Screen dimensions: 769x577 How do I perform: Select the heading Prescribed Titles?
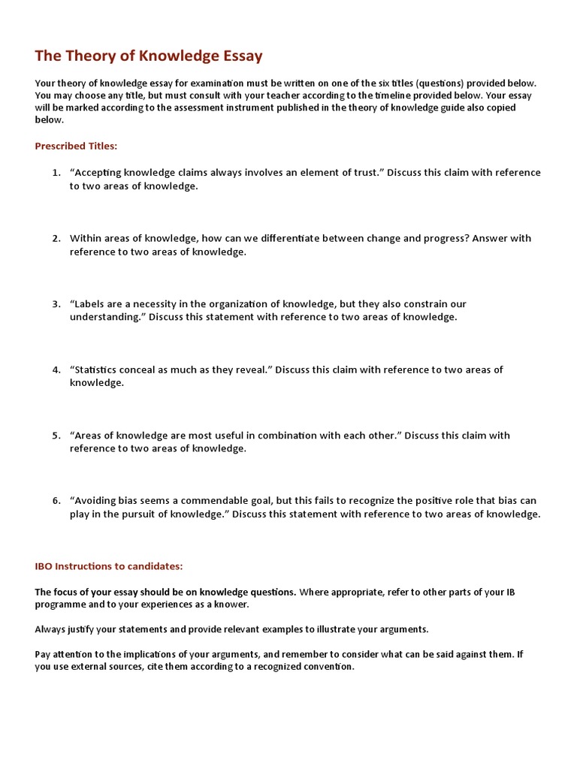(76, 146)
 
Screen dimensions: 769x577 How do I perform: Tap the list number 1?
(56, 173)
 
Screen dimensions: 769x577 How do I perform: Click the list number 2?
(56, 238)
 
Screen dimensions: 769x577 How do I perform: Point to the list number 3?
(56, 304)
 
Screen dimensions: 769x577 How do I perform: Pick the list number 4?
(56, 369)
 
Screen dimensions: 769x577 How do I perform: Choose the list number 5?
(56, 436)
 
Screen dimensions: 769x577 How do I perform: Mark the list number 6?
(56, 501)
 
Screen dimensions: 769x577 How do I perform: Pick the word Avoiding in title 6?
(97, 501)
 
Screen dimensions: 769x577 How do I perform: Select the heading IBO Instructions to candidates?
(109, 565)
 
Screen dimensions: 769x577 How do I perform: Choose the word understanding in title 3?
(104, 318)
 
